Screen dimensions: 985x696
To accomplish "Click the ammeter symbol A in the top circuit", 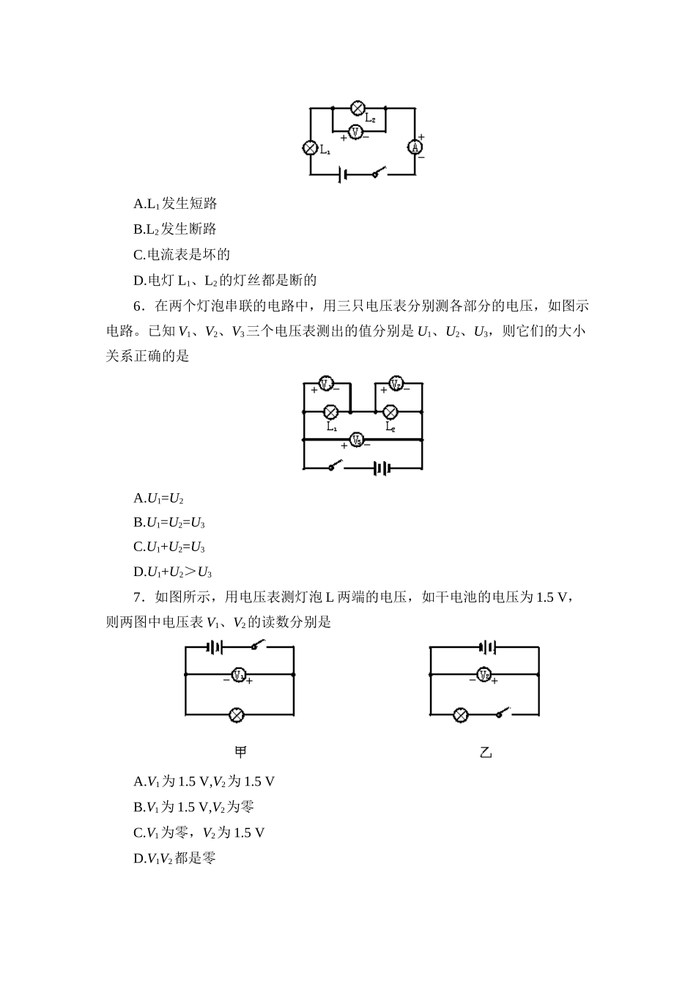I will (x=415, y=147).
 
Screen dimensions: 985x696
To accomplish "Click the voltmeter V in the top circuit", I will (x=355, y=132).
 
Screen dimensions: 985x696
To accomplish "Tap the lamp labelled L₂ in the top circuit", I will (x=358, y=108).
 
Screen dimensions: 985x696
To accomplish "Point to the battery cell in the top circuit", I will (x=342, y=174).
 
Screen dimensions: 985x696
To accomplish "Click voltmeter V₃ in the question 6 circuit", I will (x=356, y=440).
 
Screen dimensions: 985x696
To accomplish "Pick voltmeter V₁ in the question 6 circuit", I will (x=326, y=383).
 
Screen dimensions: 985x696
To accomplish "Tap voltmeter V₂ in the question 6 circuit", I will (x=396, y=383).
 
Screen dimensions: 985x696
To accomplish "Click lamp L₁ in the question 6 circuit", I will (x=331, y=412).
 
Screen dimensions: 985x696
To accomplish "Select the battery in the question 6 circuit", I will (x=381, y=468).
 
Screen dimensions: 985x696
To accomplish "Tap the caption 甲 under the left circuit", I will (x=240, y=753).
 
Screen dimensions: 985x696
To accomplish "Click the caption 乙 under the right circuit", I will (x=485, y=753).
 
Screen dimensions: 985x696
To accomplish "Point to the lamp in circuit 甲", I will (x=237, y=715).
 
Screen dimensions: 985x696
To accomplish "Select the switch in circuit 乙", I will (x=501, y=712).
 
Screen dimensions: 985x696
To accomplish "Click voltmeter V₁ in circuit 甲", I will (x=238, y=674).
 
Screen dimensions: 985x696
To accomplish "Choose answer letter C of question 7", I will (x=138, y=833).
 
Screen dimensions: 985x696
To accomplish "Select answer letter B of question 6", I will (x=138, y=523).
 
